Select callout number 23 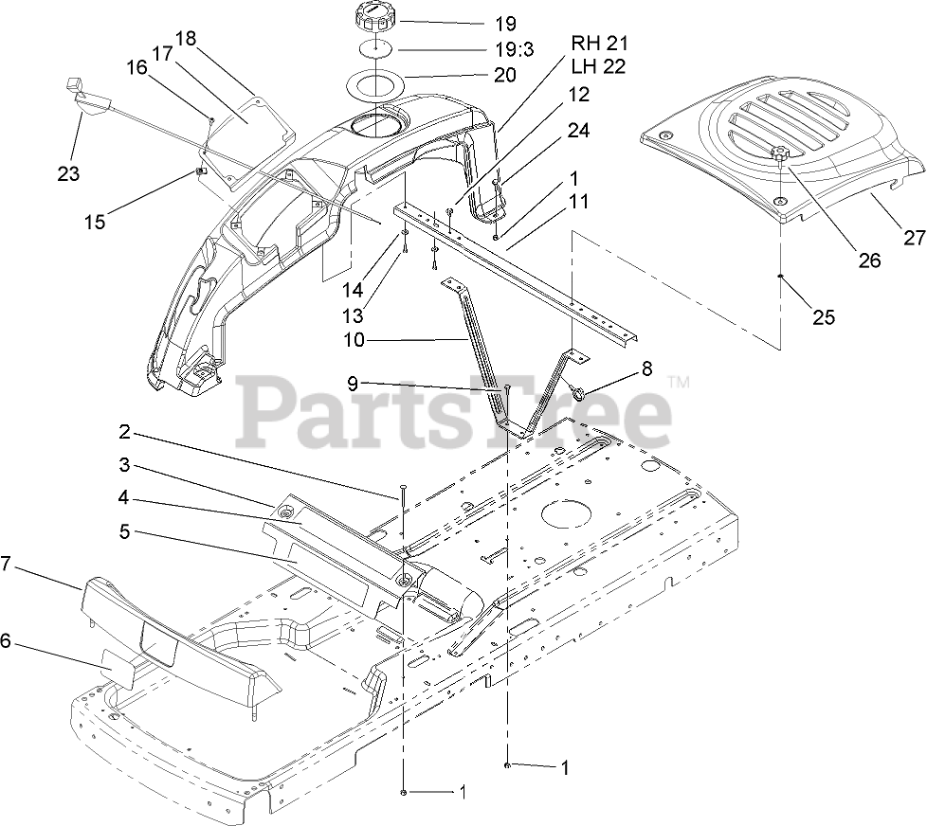67,174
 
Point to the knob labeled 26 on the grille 779,154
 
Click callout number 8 646,368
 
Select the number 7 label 8,564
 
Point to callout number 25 824,317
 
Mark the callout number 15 94,223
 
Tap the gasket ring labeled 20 379,84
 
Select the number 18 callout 185,39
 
